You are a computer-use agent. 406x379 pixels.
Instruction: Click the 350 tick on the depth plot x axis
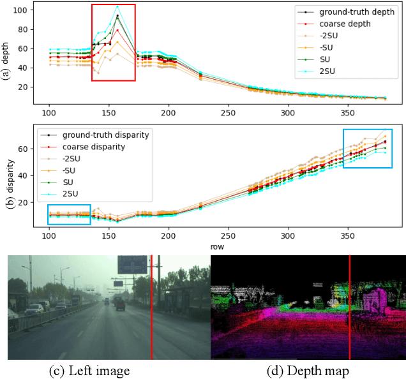229,112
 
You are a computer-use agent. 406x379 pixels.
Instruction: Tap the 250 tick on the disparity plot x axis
169,234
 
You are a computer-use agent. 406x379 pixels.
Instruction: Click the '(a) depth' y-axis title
7,54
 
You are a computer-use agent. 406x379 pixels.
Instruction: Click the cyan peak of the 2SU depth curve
117,6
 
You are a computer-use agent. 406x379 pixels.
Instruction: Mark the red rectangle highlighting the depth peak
113,42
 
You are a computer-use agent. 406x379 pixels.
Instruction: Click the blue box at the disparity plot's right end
368,148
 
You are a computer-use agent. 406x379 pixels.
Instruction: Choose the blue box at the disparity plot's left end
69,214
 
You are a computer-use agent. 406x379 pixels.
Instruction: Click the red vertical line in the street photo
151,306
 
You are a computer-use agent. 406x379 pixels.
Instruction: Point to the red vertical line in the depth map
350,306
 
